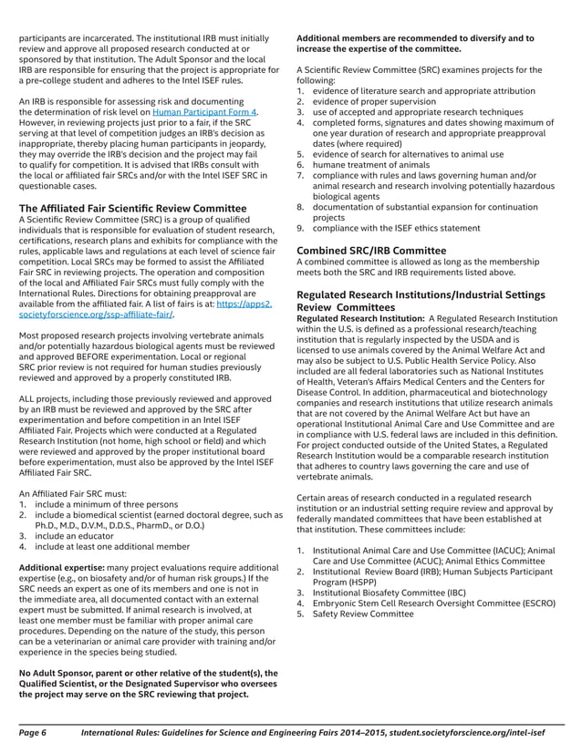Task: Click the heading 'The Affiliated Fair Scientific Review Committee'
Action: pyautogui.click(x=132, y=209)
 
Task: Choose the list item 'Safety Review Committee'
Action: pyautogui.click(x=363, y=614)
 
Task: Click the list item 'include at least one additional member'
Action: pyautogui.click(x=119, y=546)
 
